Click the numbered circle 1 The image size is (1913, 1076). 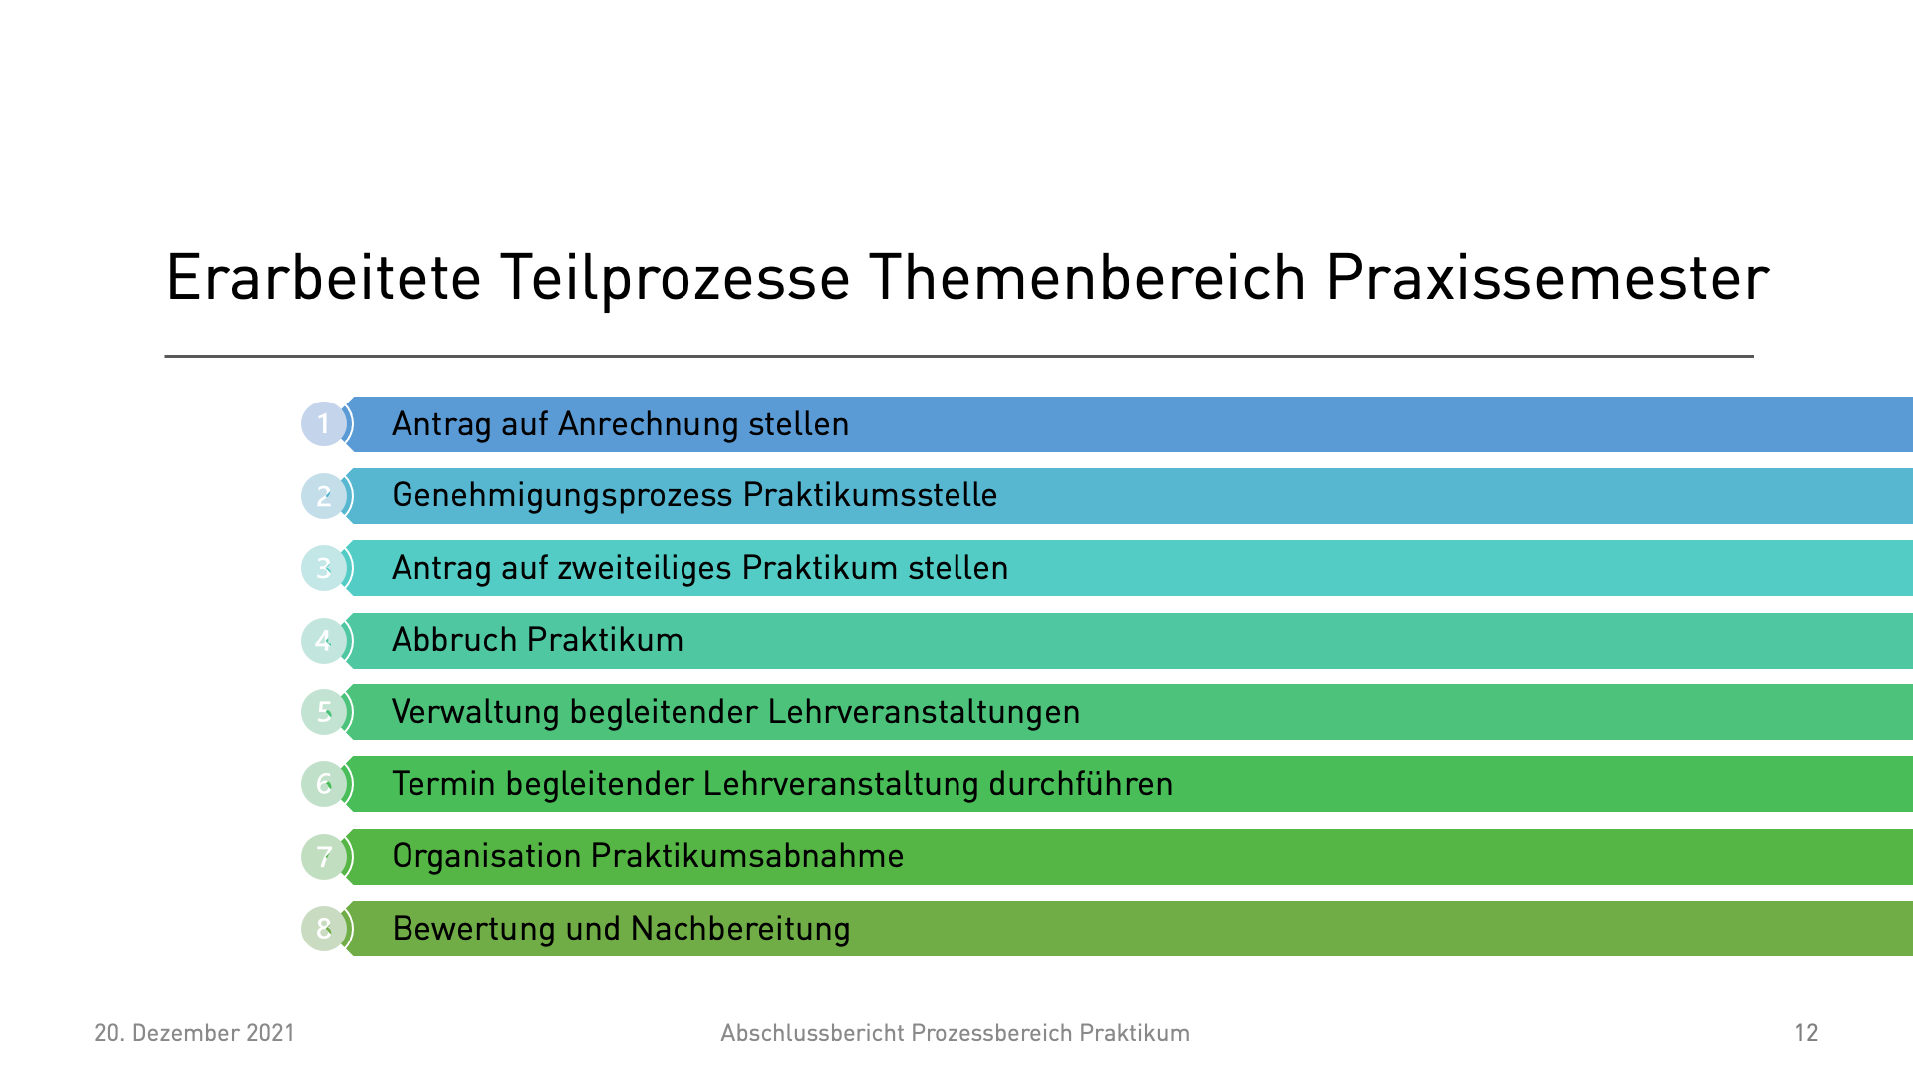[323, 424]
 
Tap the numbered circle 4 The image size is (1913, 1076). [323, 641]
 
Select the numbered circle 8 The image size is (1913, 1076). [323, 929]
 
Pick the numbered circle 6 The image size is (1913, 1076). [323, 784]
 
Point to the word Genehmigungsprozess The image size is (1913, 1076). [562, 496]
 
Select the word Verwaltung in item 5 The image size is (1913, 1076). [475, 713]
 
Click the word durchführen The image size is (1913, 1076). [1080, 784]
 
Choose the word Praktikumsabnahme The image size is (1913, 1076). [747, 856]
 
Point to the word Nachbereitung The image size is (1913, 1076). [740, 929]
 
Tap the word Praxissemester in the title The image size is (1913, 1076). [1547, 278]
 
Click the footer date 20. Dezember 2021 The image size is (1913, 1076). [194, 1033]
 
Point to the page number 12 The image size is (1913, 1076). [1807, 1033]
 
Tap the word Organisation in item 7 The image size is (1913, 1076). [486, 857]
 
